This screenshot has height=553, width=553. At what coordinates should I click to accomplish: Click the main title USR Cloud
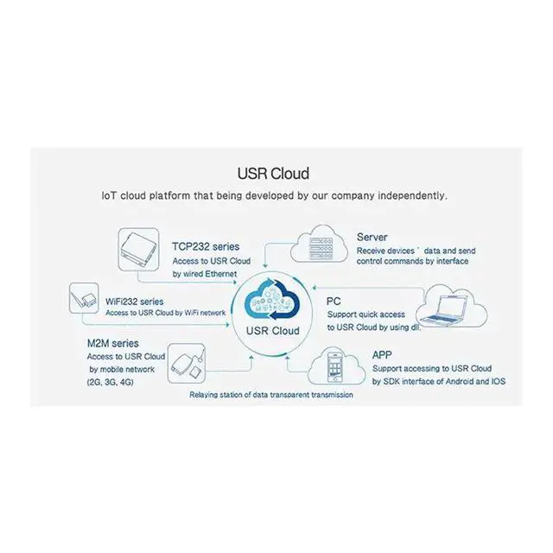point(273,174)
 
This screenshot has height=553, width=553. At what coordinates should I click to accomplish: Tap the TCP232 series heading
point(206,246)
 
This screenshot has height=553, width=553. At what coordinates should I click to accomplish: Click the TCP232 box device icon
point(138,250)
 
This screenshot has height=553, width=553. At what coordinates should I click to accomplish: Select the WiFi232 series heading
point(135,302)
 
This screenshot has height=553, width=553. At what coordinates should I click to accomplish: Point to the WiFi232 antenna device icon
point(84,298)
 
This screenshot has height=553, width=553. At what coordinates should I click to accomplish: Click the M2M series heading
point(113,343)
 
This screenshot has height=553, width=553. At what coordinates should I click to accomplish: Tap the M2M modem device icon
point(187,363)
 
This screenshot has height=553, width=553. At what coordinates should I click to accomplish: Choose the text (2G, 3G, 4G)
point(111,382)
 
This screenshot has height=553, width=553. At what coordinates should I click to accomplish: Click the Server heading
point(372,237)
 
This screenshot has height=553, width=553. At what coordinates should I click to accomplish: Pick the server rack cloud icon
point(319,244)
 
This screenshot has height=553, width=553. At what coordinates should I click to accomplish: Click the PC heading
point(334,302)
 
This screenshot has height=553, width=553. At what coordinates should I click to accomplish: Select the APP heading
point(382,355)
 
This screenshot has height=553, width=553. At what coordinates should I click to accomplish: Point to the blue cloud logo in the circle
point(272,300)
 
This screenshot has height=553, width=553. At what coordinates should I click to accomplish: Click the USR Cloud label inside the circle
point(273,331)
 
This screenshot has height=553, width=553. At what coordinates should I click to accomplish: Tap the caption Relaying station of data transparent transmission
point(271,395)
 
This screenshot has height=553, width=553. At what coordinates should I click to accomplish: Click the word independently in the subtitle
point(413,196)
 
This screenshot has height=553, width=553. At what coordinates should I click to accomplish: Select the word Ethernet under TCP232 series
point(221,274)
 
